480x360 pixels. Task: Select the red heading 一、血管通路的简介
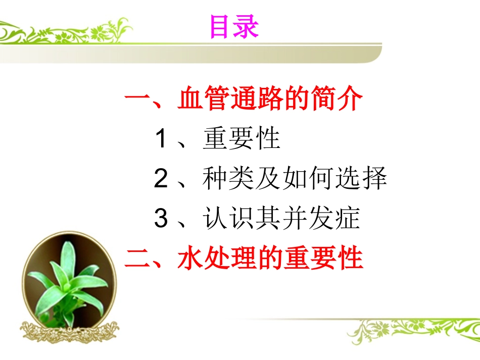(x=243, y=99)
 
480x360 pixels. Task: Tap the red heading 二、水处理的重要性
(x=244, y=258)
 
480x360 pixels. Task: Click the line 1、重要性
(x=217, y=139)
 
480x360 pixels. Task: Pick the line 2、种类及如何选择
(x=270, y=179)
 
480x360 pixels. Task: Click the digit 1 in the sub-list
(x=161, y=139)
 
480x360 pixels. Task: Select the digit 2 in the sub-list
(x=161, y=179)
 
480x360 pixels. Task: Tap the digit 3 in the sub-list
(x=161, y=219)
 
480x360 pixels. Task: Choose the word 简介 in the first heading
(x=335, y=99)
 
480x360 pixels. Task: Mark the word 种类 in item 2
(x=229, y=179)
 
